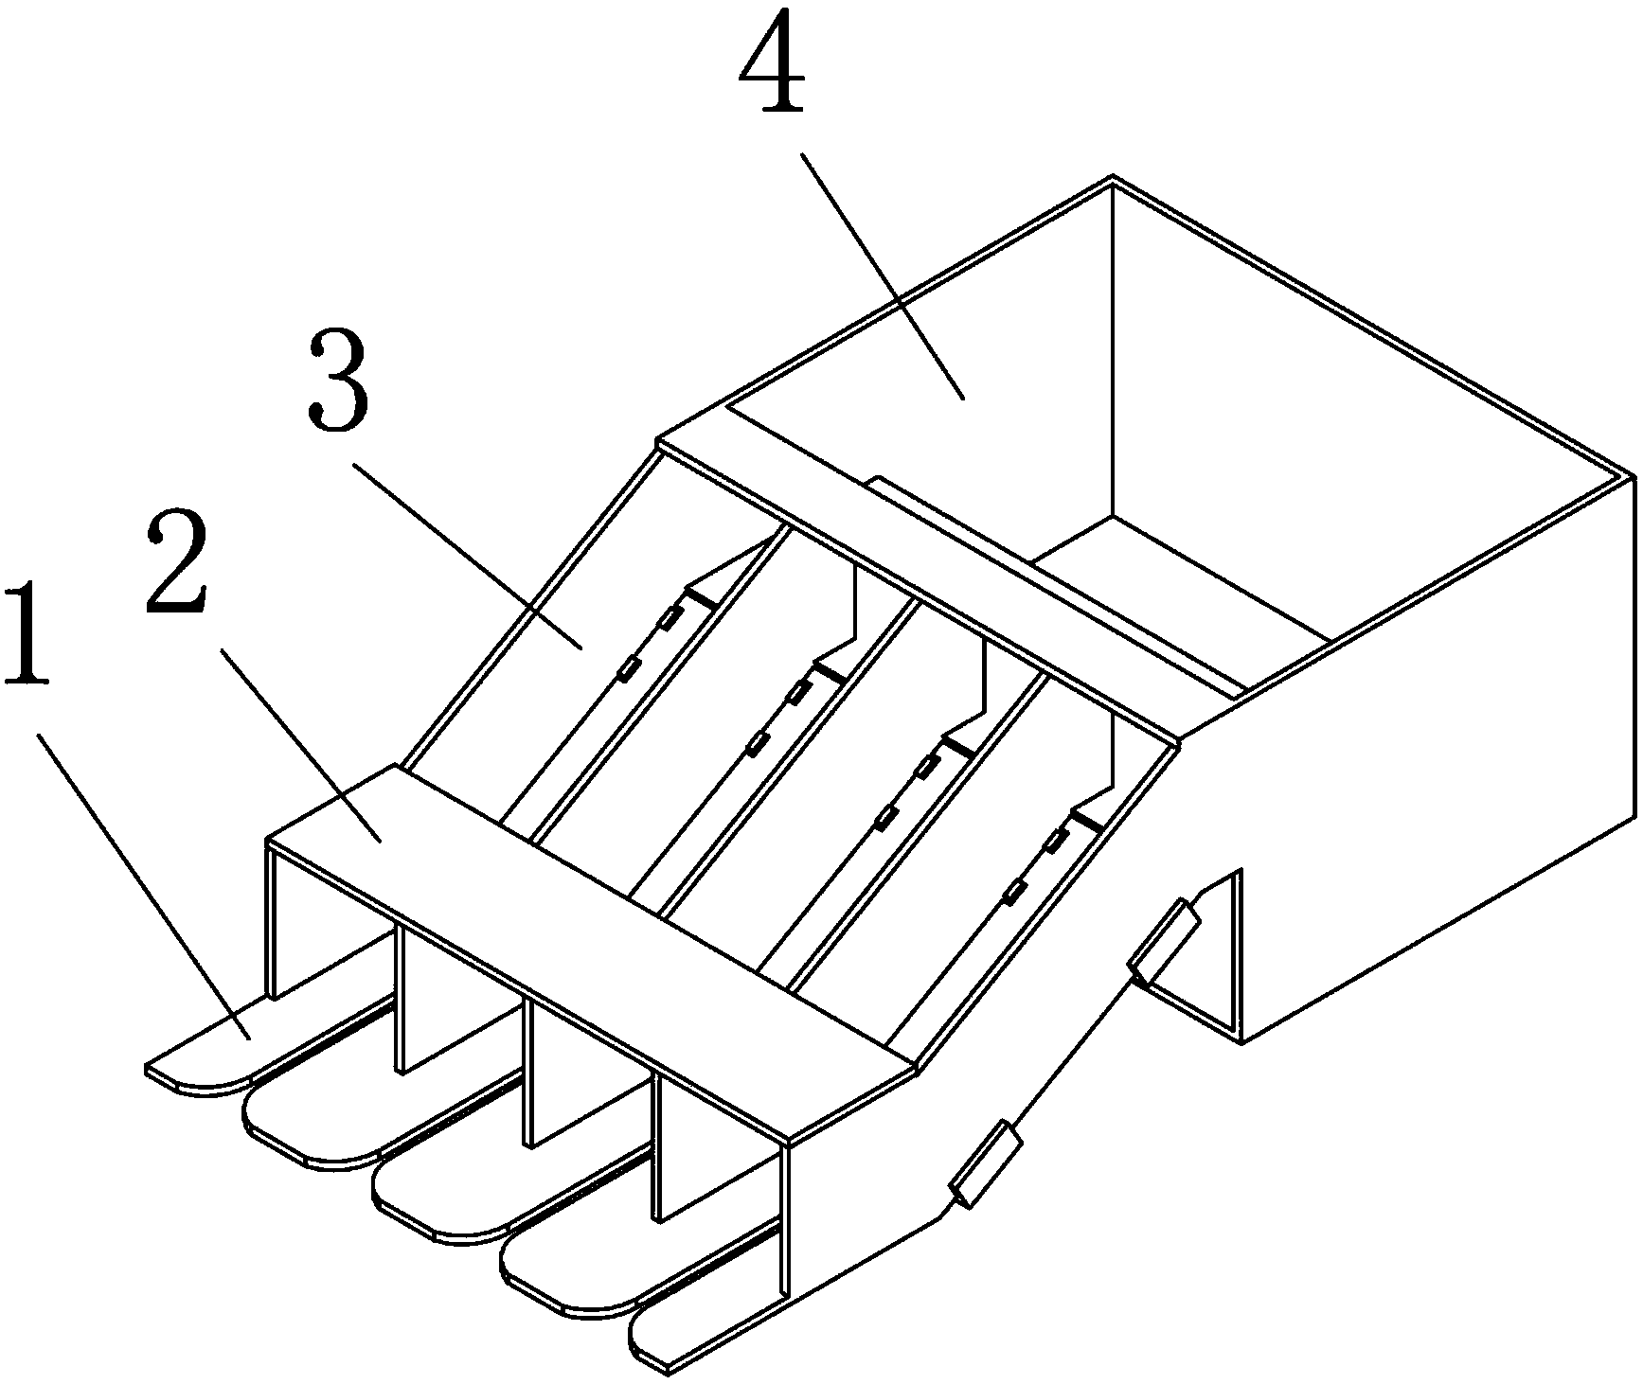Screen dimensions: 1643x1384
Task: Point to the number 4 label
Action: click(774, 62)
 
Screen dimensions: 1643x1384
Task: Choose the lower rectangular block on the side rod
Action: click(985, 1162)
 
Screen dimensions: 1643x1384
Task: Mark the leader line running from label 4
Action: click(883, 275)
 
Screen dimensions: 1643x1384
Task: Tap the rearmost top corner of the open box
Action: click(1112, 177)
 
